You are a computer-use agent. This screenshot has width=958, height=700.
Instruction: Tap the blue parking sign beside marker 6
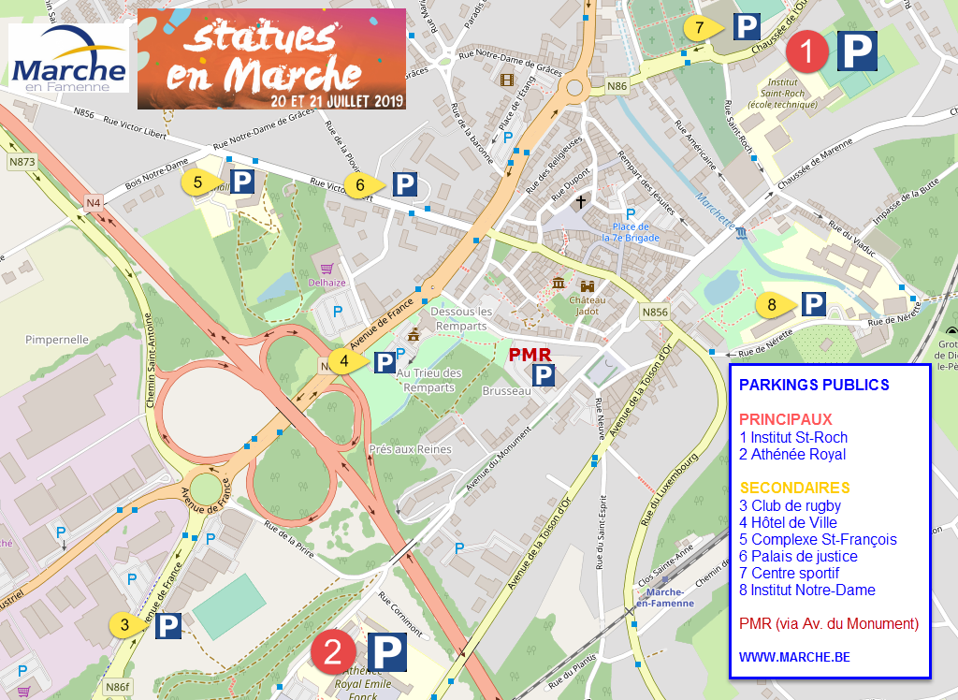[404, 184]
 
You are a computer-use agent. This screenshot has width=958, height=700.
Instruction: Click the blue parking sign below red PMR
[544, 375]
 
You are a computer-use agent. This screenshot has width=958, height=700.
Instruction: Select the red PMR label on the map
[530, 355]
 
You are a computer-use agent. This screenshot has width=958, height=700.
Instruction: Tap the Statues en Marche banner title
[272, 58]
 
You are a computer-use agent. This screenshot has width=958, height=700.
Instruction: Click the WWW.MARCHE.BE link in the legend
[794, 657]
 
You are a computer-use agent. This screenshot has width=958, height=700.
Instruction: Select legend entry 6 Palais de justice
[798, 556]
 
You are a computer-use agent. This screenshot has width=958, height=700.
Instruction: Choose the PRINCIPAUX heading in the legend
[785, 419]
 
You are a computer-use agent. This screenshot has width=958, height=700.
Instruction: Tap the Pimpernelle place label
[57, 340]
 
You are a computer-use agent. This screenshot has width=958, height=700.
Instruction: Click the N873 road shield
[22, 162]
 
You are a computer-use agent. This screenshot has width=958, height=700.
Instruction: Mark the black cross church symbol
[581, 201]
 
